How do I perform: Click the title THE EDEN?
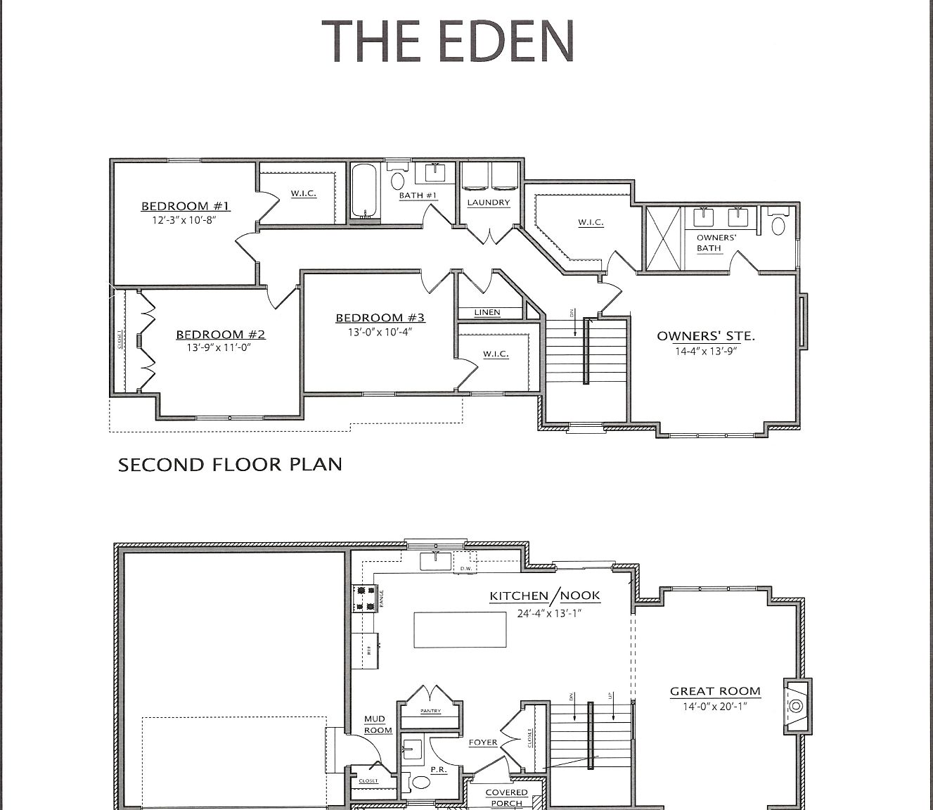pyautogui.click(x=448, y=41)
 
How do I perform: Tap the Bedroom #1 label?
pyautogui.click(x=186, y=206)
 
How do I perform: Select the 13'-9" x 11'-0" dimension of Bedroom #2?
pyautogui.click(x=219, y=347)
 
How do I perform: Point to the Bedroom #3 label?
pyautogui.click(x=380, y=318)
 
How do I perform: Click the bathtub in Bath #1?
pyautogui.click(x=364, y=191)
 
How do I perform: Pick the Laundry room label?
pyautogui.click(x=489, y=202)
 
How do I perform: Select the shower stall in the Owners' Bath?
pyautogui.click(x=664, y=238)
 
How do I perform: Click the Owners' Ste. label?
pyautogui.click(x=706, y=336)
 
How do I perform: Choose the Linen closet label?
pyautogui.click(x=487, y=312)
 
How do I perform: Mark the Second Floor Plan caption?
pyautogui.click(x=230, y=465)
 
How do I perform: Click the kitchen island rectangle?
pyautogui.click(x=460, y=629)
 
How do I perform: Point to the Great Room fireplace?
pyautogui.click(x=797, y=705)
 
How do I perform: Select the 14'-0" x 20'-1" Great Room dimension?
pyautogui.click(x=714, y=706)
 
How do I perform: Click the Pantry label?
pyautogui.click(x=430, y=711)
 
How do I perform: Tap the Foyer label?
pyautogui.click(x=483, y=742)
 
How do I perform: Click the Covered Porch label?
pyautogui.click(x=506, y=797)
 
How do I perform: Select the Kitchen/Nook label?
pyautogui.click(x=545, y=596)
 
